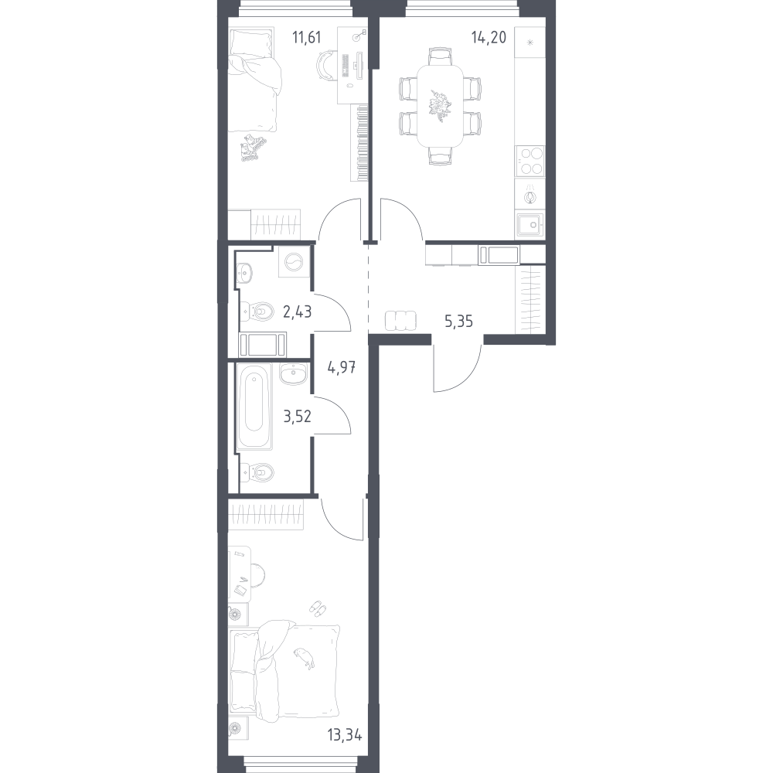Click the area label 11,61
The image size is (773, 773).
[x=306, y=37]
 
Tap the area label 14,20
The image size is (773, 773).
[x=489, y=37]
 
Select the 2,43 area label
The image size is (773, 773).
[x=298, y=312]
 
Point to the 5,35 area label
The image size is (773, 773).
[x=458, y=322]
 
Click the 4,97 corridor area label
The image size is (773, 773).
[x=342, y=367]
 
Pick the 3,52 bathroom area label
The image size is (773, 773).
[x=298, y=417]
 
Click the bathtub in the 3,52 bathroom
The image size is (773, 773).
[x=254, y=407]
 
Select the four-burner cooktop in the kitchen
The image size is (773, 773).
[x=530, y=162]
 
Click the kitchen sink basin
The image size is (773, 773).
[x=530, y=225]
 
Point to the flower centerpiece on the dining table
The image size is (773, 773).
[x=440, y=105]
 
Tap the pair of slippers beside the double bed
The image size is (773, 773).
[x=317, y=608]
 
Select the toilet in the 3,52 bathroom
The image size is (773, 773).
[x=257, y=472]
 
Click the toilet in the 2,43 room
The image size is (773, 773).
[x=257, y=311]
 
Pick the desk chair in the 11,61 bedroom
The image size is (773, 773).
[x=326, y=65]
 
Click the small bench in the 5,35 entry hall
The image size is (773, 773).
[x=400, y=321]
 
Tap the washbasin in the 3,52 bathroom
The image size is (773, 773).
[x=293, y=374]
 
